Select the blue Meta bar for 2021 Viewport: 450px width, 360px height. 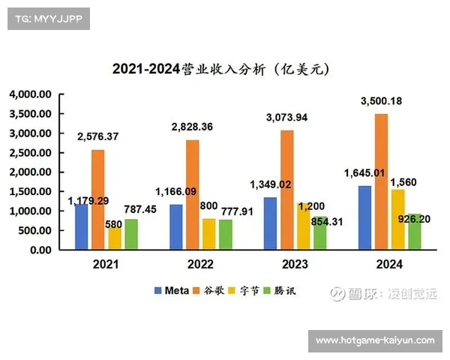click(x=81, y=226)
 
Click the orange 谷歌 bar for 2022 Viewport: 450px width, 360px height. click(x=193, y=195)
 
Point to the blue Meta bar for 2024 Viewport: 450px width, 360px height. click(x=364, y=217)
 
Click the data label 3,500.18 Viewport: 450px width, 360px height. click(x=381, y=101)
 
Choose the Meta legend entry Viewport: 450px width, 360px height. click(x=172, y=290)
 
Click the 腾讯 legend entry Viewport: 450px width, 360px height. click(x=280, y=290)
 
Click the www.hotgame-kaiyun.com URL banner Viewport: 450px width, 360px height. click(x=375, y=340)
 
